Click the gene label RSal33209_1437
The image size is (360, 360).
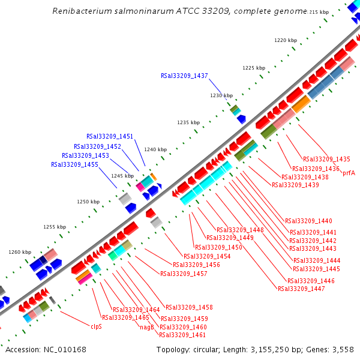(184, 76)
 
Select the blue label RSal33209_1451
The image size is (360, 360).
(110, 137)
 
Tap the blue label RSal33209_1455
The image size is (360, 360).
(74, 164)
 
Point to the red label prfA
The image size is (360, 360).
(349, 173)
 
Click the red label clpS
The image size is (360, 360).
(96, 327)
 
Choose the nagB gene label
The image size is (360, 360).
(147, 327)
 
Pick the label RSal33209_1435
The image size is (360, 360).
(326, 159)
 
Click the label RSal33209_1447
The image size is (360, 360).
(301, 289)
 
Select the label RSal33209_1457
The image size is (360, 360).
(184, 274)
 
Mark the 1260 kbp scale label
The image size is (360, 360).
(19, 253)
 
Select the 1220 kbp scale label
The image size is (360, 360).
(286, 40)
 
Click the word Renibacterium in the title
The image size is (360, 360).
(78, 11)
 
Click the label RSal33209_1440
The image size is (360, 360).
(308, 221)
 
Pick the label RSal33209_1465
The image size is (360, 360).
(125, 317)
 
